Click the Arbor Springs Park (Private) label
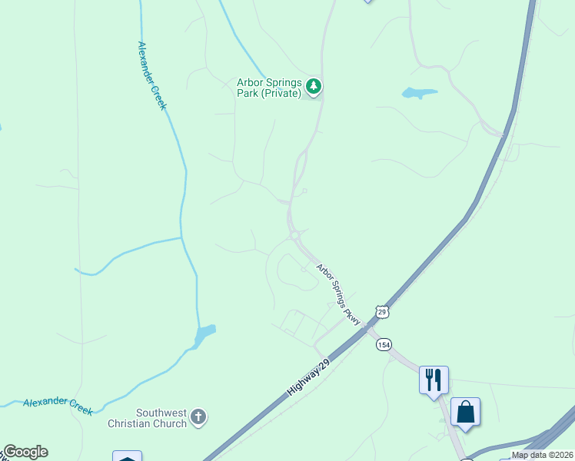point(268,88)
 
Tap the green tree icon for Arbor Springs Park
point(312,86)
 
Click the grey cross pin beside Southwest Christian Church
point(198,417)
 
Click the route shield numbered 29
point(383,310)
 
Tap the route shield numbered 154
point(383,344)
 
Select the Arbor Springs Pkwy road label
point(338,294)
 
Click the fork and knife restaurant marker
point(434,379)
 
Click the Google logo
point(25,452)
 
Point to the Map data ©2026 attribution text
point(542,455)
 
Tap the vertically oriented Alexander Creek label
point(151,75)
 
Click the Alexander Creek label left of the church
point(58,406)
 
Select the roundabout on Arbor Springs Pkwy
point(294,234)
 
